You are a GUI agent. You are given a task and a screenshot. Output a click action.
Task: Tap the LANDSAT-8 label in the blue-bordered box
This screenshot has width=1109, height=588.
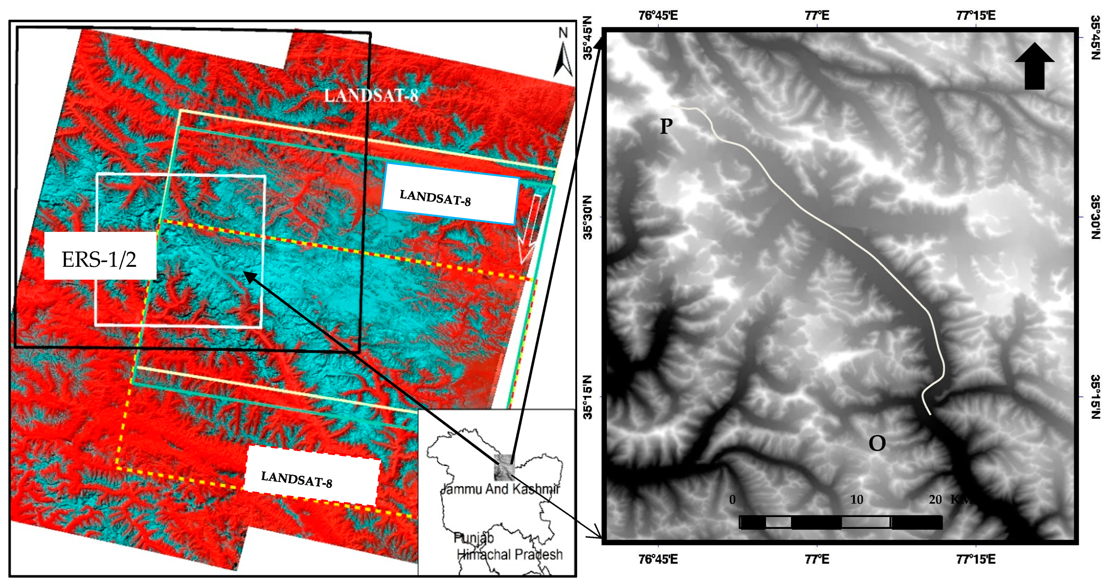tap(435, 198)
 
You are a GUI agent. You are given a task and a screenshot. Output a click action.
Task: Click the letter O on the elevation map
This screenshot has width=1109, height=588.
tap(877, 443)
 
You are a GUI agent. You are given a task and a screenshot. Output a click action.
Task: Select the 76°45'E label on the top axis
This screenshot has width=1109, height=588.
tap(658, 16)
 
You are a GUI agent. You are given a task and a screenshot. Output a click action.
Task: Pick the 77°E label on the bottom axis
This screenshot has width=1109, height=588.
tap(817, 559)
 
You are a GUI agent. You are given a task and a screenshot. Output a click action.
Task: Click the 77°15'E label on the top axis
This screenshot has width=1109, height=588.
tap(975, 16)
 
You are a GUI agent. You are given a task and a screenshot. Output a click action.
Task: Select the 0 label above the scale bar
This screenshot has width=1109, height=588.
tap(732, 500)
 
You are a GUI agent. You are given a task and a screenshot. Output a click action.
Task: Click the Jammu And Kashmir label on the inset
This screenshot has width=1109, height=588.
tap(501, 489)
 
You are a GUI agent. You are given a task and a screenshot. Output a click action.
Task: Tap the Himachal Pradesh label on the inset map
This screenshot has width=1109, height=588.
tap(510, 554)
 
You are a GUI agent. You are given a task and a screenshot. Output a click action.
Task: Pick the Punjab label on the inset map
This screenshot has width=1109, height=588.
tap(473, 538)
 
